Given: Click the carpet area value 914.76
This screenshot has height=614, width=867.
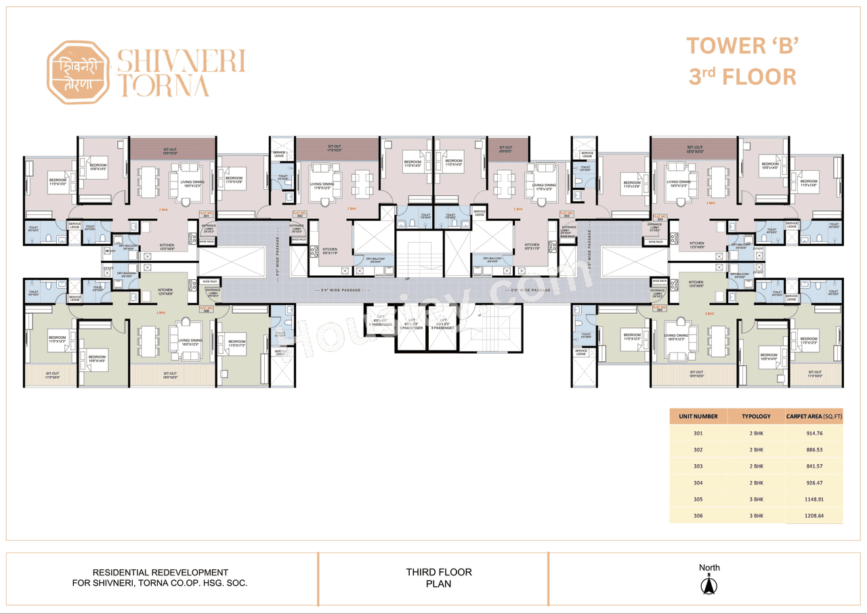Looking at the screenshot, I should (813, 433).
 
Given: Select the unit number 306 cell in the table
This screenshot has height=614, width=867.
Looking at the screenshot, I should (698, 516).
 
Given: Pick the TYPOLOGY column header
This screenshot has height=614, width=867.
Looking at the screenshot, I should (756, 416).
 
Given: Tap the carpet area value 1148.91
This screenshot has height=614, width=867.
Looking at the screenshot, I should (813, 499).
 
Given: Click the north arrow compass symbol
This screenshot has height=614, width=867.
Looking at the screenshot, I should (709, 585).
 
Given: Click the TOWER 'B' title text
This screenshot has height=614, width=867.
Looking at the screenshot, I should (744, 46).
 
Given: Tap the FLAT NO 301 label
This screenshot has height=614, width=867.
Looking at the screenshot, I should (206, 215).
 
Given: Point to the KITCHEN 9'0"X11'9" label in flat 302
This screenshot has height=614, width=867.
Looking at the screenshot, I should (330, 251).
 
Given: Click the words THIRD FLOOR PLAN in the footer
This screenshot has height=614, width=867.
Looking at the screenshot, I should (439, 577).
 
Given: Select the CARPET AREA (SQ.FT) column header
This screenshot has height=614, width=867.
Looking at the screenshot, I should (813, 416).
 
